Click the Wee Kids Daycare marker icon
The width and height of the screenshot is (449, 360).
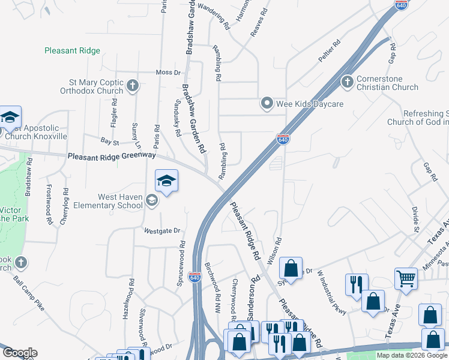tap(267, 104)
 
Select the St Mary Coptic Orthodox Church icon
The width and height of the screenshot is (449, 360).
tap(133, 86)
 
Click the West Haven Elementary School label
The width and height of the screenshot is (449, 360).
tap(120, 201)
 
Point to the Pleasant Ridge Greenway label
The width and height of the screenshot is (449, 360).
tap(112, 155)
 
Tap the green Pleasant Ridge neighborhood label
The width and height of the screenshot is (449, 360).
tap(72, 51)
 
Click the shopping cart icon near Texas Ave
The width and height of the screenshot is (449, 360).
tap(406, 278)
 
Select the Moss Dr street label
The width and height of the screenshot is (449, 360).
tap(168, 73)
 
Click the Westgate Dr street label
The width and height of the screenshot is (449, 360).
tap(162, 230)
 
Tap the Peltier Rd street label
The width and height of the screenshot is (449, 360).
tap(329, 52)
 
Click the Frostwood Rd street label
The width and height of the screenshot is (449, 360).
tap(49, 202)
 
